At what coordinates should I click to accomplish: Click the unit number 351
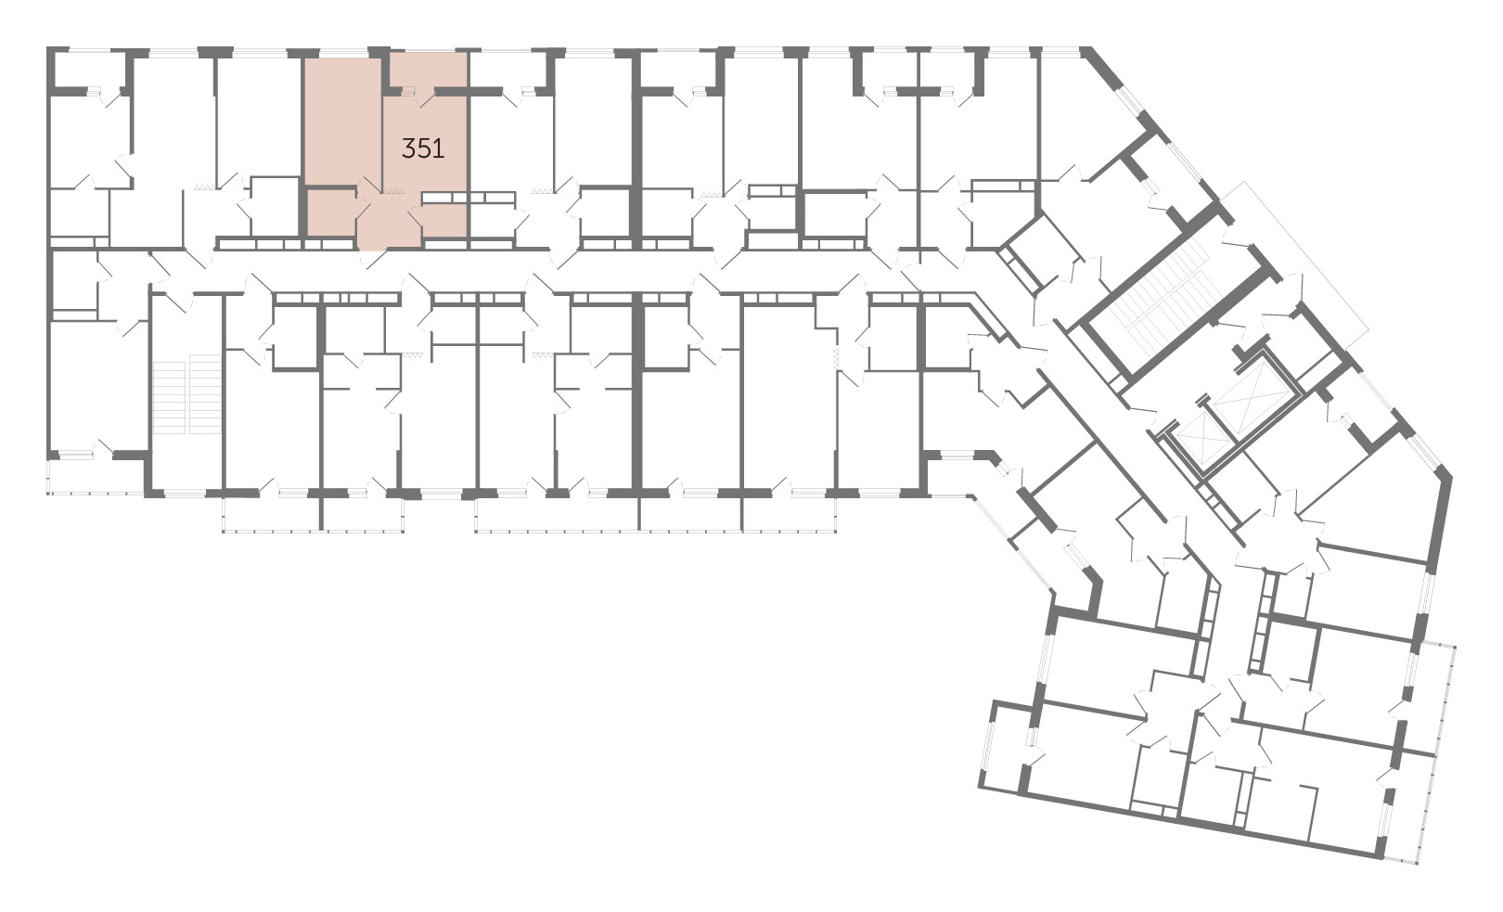pyautogui.click(x=423, y=148)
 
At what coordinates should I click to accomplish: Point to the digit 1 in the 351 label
pyautogui.click(x=440, y=148)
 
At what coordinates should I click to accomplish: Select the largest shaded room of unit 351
pyautogui.click(x=343, y=121)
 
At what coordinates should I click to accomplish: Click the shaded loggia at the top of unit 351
pyautogui.click(x=429, y=71)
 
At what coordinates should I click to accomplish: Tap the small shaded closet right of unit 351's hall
pyautogui.click(x=444, y=221)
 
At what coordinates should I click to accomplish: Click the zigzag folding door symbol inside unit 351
pyautogui.click(x=393, y=191)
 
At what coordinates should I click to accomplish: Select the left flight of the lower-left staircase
pyautogui.click(x=169, y=397)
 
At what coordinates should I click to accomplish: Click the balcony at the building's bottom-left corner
pyautogui.click(x=96, y=477)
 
